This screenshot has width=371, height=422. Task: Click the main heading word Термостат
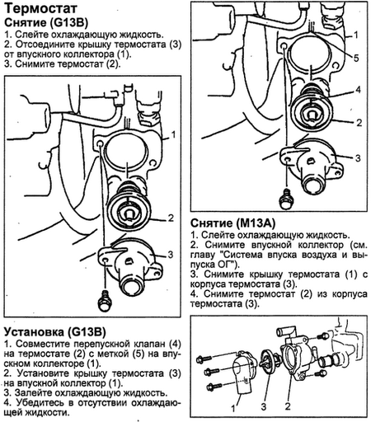(x=40, y=8)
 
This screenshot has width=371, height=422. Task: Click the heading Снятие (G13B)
(x=46, y=23)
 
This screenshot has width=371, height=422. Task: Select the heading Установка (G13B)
(x=54, y=332)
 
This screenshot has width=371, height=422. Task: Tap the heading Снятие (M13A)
(x=232, y=223)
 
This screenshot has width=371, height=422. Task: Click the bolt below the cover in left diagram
(x=105, y=302)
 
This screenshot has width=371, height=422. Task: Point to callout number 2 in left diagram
(x=171, y=218)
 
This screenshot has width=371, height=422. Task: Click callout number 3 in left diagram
(x=171, y=255)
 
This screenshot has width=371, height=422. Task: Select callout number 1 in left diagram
(x=173, y=134)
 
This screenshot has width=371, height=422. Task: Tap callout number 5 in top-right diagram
(x=356, y=58)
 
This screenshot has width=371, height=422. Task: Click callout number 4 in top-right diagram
(x=358, y=90)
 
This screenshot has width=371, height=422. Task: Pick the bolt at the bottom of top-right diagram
(x=286, y=199)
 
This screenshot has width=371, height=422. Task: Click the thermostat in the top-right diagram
(x=312, y=108)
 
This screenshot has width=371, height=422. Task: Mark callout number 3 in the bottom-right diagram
(x=264, y=406)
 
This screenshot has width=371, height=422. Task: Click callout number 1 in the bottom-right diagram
(x=233, y=408)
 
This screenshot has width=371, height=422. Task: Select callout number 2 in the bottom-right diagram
(x=288, y=406)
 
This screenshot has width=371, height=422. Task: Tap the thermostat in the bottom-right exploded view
(x=269, y=359)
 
